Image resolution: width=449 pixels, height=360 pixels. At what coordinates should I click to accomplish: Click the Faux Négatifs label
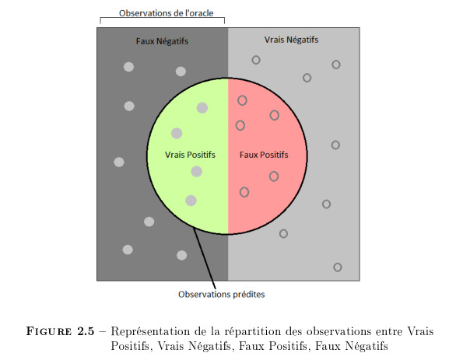click(162, 41)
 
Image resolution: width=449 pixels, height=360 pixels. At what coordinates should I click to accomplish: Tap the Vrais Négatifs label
click(291, 40)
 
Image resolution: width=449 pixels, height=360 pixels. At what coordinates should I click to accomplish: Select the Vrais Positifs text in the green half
click(190, 155)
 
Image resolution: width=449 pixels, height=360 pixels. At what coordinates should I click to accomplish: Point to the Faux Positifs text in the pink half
click(264, 155)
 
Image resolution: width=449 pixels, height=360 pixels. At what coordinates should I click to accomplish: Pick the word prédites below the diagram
click(249, 295)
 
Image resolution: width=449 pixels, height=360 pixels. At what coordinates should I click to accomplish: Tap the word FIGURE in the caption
click(49, 331)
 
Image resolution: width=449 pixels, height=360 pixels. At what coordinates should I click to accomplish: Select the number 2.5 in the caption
click(86, 331)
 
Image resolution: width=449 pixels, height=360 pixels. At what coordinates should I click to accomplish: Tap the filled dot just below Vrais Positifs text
click(196, 172)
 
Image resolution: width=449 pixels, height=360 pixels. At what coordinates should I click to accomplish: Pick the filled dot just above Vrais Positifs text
click(177, 133)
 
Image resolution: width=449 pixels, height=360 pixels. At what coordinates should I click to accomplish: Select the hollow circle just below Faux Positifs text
click(274, 177)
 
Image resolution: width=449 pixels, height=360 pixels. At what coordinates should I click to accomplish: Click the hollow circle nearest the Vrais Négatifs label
click(256, 60)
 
